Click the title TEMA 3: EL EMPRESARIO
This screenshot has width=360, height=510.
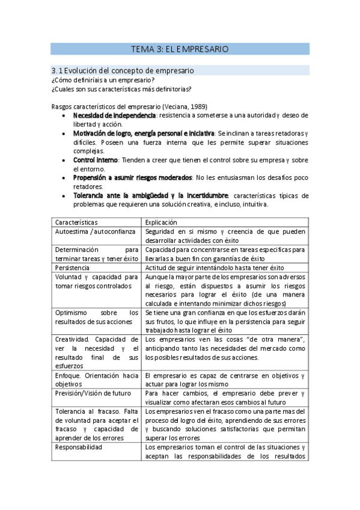(180, 49)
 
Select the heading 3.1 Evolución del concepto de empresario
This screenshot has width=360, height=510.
(122, 70)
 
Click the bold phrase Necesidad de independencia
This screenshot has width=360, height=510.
(114, 115)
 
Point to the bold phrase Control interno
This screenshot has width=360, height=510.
(95, 160)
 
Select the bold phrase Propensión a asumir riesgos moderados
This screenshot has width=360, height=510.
(132, 178)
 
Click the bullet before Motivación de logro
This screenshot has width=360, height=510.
(65, 133)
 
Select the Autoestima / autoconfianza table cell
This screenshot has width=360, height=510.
(90, 231)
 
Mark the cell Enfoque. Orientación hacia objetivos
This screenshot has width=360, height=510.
(96, 379)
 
